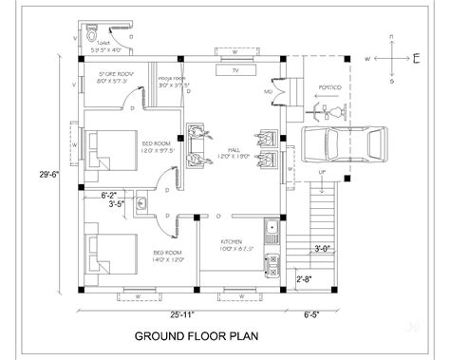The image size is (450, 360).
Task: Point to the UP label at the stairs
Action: (x=322, y=172)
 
